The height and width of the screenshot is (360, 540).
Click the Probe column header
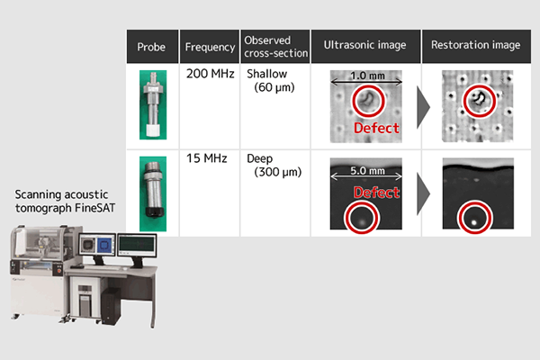pyautogui.click(x=151, y=47)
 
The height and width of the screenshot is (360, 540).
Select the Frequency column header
pyautogui.click(x=210, y=47)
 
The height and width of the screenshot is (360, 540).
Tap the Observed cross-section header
pyautogui.click(x=276, y=47)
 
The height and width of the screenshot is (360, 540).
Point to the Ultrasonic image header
pyautogui.click(x=364, y=45)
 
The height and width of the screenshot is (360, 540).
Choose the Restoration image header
pyautogui.click(x=475, y=45)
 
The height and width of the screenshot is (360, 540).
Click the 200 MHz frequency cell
pyautogui.click(x=210, y=74)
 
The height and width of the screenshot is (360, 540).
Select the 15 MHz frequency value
pyautogui.click(x=207, y=158)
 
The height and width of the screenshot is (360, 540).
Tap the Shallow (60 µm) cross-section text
pyautogui.click(x=271, y=80)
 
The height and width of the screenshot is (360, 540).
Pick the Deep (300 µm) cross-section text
pyautogui.click(x=274, y=165)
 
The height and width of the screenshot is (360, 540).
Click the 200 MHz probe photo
pyautogui.click(x=153, y=104)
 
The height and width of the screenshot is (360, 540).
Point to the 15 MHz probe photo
pyautogui.click(x=153, y=193)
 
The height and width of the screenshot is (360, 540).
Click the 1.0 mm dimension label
pyautogui.click(x=367, y=76)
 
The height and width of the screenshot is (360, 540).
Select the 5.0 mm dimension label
pyautogui.click(x=367, y=170)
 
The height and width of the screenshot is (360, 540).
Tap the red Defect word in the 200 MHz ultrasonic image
pyautogui.click(x=376, y=128)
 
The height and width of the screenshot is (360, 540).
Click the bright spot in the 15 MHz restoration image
pyautogui.click(x=474, y=222)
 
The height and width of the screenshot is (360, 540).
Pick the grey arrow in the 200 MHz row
pyautogui.click(x=423, y=107)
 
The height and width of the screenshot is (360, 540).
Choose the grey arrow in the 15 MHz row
pyautogui.click(x=423, y=194)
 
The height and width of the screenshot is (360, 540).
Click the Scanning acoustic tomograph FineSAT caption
pyautogui.click(x=65, y=202)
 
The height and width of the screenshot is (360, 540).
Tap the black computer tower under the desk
pyautogui.click(x=112, y=306)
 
